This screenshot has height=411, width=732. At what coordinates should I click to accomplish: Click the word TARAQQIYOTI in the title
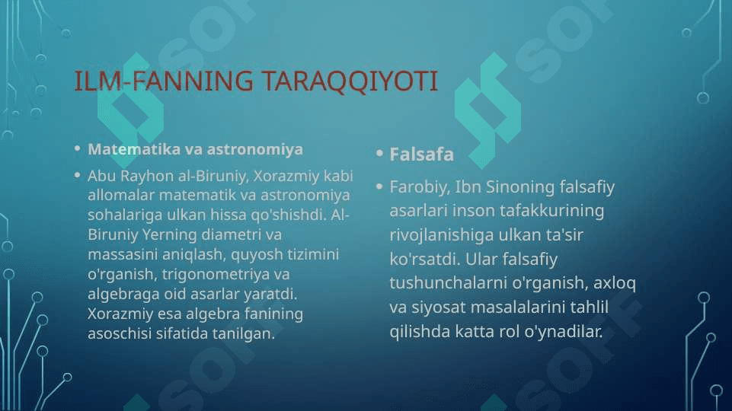point(350,81)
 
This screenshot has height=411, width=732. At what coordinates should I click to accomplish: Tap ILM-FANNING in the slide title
point(164,80)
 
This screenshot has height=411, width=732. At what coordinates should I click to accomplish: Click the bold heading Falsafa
point(421,155)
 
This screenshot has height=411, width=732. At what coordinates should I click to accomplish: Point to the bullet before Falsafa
point(379,153)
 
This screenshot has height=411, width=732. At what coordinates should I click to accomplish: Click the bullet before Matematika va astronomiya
point(78,149)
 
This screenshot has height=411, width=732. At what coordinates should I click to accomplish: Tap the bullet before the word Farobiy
point(379,186)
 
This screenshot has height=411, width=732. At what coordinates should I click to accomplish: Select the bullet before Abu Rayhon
point(78,175)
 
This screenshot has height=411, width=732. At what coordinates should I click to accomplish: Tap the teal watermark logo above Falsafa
point(488,110)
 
